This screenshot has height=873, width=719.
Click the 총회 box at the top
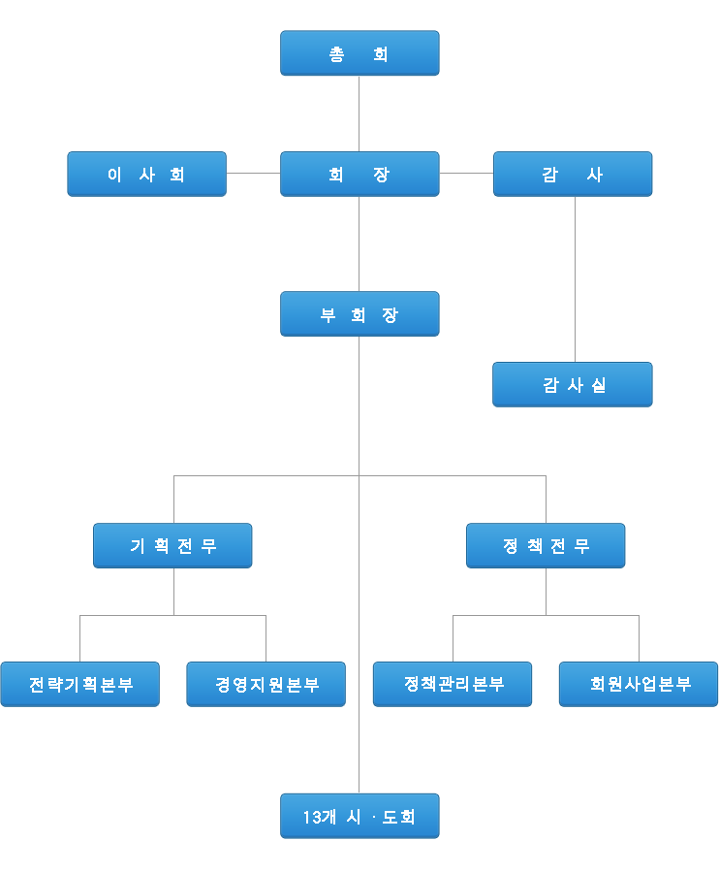click(x=359, y=53)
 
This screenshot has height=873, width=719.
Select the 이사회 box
click(x=146, y=175)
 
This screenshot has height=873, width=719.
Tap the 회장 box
click(x=359, y=175)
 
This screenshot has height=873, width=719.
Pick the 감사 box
click(x=573, y=175)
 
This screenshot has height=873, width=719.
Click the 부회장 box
click(x=359, y=314)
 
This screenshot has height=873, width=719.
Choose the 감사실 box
click(x=573, y=385)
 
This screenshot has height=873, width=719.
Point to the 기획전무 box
click(x=172, y=546)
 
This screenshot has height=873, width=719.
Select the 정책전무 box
click(x=546, y=546)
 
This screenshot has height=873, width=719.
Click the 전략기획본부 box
click(x=79, y=685)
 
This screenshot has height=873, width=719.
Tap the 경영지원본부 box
click(x=266, y=685)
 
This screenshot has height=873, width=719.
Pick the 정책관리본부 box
click(x=453, y=685)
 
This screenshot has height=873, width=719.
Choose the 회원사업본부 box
click(x=639, y=685)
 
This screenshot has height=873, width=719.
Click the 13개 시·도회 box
click(x=359, y=817)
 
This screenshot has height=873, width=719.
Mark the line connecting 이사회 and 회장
click(x=253, y=174)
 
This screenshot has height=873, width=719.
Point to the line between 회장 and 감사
click(x=466, y=174)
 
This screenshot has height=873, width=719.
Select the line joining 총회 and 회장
click(x=359, y=113)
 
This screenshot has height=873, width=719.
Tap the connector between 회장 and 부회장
click(x=359, y=243)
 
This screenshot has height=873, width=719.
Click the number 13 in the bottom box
click(x=311, y=818)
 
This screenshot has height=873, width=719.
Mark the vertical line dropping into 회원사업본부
click(x=639, y=638)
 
